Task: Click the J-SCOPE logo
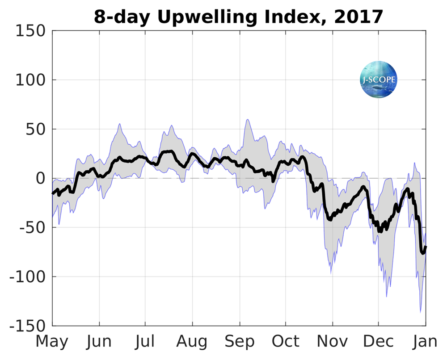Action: [x=379, y=80]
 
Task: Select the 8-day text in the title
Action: [x=120, y=17]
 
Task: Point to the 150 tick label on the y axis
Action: [x=30, y=31]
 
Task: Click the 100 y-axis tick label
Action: [x=30, y=80]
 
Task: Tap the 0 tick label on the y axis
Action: [x=41, y=179]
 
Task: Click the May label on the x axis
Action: [x=52, y=342]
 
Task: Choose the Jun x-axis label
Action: [x=99, y=342]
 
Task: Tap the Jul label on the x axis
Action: [x=145, y=342]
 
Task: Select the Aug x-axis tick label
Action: [x=192, y=342]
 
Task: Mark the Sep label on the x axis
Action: [x=240, y=342]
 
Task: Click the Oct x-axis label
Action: [x=286, y=342]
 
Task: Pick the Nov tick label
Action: [x=333, y=342]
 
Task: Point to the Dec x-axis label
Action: [x=378, y=342]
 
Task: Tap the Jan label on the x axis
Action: [x=425, y=342]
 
